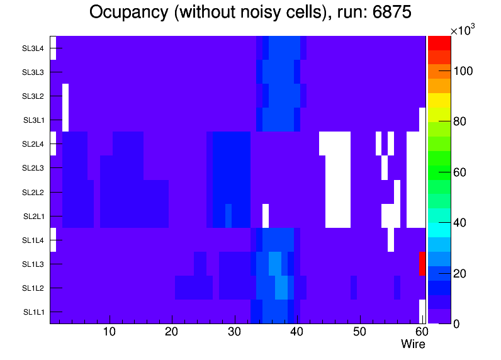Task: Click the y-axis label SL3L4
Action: pos(33,48)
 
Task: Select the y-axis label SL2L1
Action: pos(33,216)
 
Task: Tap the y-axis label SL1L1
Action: pos(33,312)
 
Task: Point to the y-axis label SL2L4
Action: pos(33,144)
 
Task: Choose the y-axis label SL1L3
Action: pos(33,264)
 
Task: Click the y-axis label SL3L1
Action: pos(33,120)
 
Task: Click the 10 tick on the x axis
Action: pos(110,332)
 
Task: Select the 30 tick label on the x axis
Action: pos(234,332)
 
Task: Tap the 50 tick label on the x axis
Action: pos(359,332)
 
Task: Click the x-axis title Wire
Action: pos(413,344)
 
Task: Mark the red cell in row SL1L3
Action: pos(422,263)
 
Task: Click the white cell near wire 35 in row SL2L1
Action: pos(266,215)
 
